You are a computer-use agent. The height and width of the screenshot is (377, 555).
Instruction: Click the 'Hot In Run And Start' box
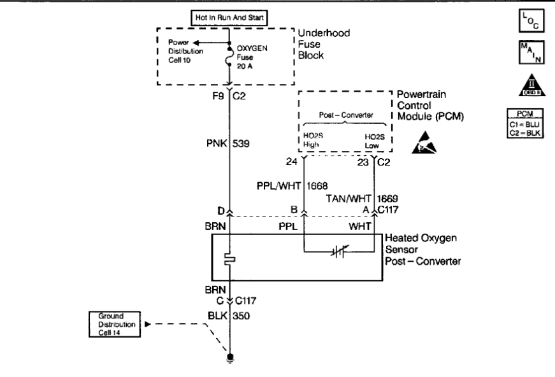(229, 18)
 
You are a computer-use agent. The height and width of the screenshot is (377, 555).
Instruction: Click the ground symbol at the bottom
(229, 358)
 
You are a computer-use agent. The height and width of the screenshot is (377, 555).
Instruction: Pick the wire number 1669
(388, 199)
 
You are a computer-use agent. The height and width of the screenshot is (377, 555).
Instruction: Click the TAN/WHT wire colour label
(349, 199)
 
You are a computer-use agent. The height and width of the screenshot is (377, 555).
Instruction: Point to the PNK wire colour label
(215, 144)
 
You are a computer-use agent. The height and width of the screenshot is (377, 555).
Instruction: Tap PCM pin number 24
(292, 162)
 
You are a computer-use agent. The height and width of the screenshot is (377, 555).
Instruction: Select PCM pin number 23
(362, 162)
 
